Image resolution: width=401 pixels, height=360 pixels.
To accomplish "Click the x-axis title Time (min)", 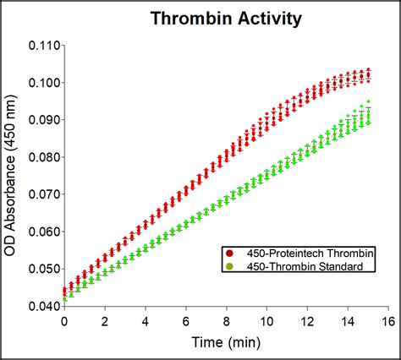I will point(226,344).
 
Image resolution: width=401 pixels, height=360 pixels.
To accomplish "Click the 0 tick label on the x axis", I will point(64,322).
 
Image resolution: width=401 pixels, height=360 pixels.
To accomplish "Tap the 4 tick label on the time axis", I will point(146,322).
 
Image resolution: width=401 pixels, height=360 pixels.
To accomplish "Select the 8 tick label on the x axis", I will point(227,322).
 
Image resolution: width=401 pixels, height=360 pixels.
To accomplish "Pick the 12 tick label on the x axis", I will point(307,322).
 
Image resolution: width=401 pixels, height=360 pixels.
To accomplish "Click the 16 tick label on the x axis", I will point(388,322).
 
